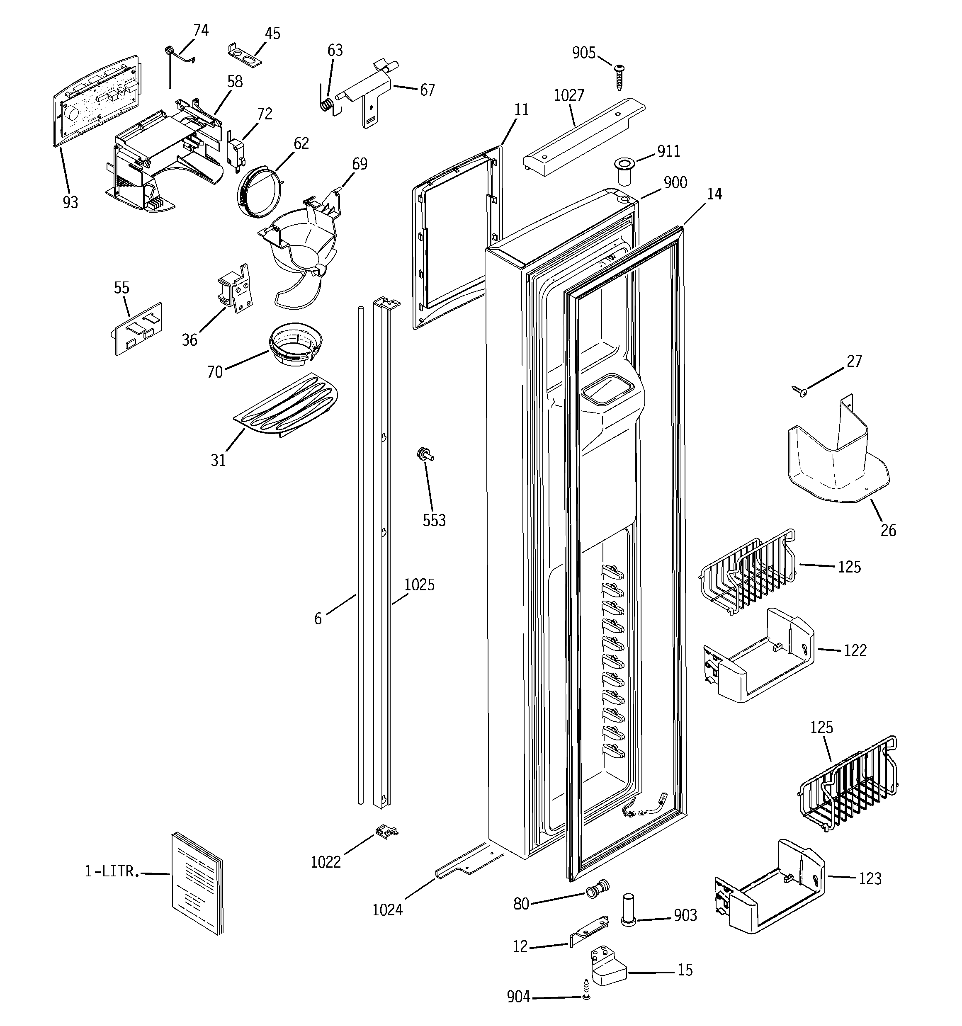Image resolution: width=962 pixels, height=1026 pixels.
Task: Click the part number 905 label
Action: [x=583, y=53]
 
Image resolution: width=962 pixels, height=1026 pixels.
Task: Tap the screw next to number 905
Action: [x=619, y=76]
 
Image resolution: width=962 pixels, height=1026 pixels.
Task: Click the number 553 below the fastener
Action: [x=434, y=520]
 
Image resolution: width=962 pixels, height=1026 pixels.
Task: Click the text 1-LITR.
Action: [x=112, y=872]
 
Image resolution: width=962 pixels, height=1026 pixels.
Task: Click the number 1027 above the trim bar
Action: [x=568, y=95]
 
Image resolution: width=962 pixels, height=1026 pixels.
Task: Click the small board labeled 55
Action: [x=138, y=329]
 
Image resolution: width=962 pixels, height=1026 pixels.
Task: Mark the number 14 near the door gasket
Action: [x=714, y=194]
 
